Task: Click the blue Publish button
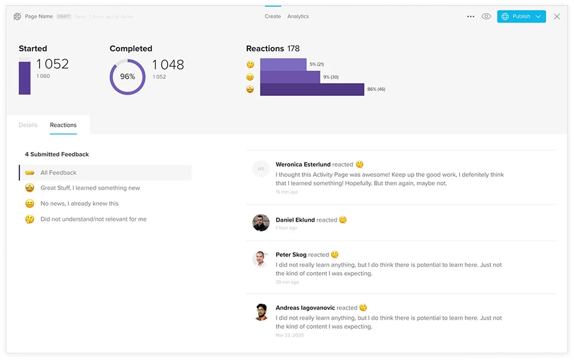point(521,17)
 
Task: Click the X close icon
point(557,17)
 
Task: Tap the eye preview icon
point(486,17)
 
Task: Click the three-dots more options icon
point(471,17)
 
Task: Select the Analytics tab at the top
point(298,17)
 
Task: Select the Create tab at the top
point(273,17)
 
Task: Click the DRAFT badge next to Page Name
point(64,17)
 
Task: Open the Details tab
point(28,125)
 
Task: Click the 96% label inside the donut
point(127,77)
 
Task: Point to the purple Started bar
point(25,78)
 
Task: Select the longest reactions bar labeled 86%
point(312,90)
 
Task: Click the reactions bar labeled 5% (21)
point(283,64)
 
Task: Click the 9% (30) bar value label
point(331,77)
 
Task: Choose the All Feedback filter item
point(59,173)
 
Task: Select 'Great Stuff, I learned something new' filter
point(90,188)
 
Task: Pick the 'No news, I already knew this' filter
point(79,204)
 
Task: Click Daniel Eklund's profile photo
point(261,223)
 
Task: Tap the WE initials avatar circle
point(261,169)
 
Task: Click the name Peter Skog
point(291,255)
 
